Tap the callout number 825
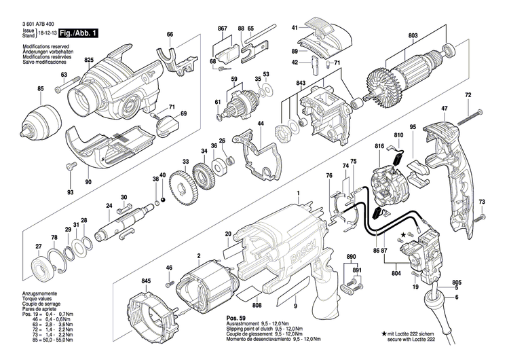tap(88, 60)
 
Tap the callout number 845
tap(146, 281)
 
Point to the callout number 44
tap(260, 124)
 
